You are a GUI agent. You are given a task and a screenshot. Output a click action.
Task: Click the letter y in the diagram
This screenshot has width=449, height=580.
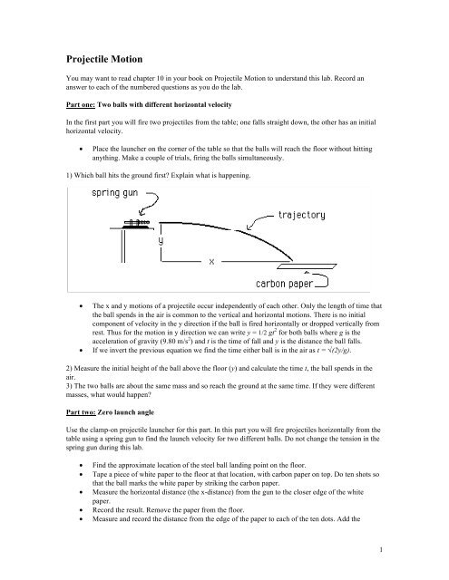161,242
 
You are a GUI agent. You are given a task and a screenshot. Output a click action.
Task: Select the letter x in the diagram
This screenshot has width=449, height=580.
210,262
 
